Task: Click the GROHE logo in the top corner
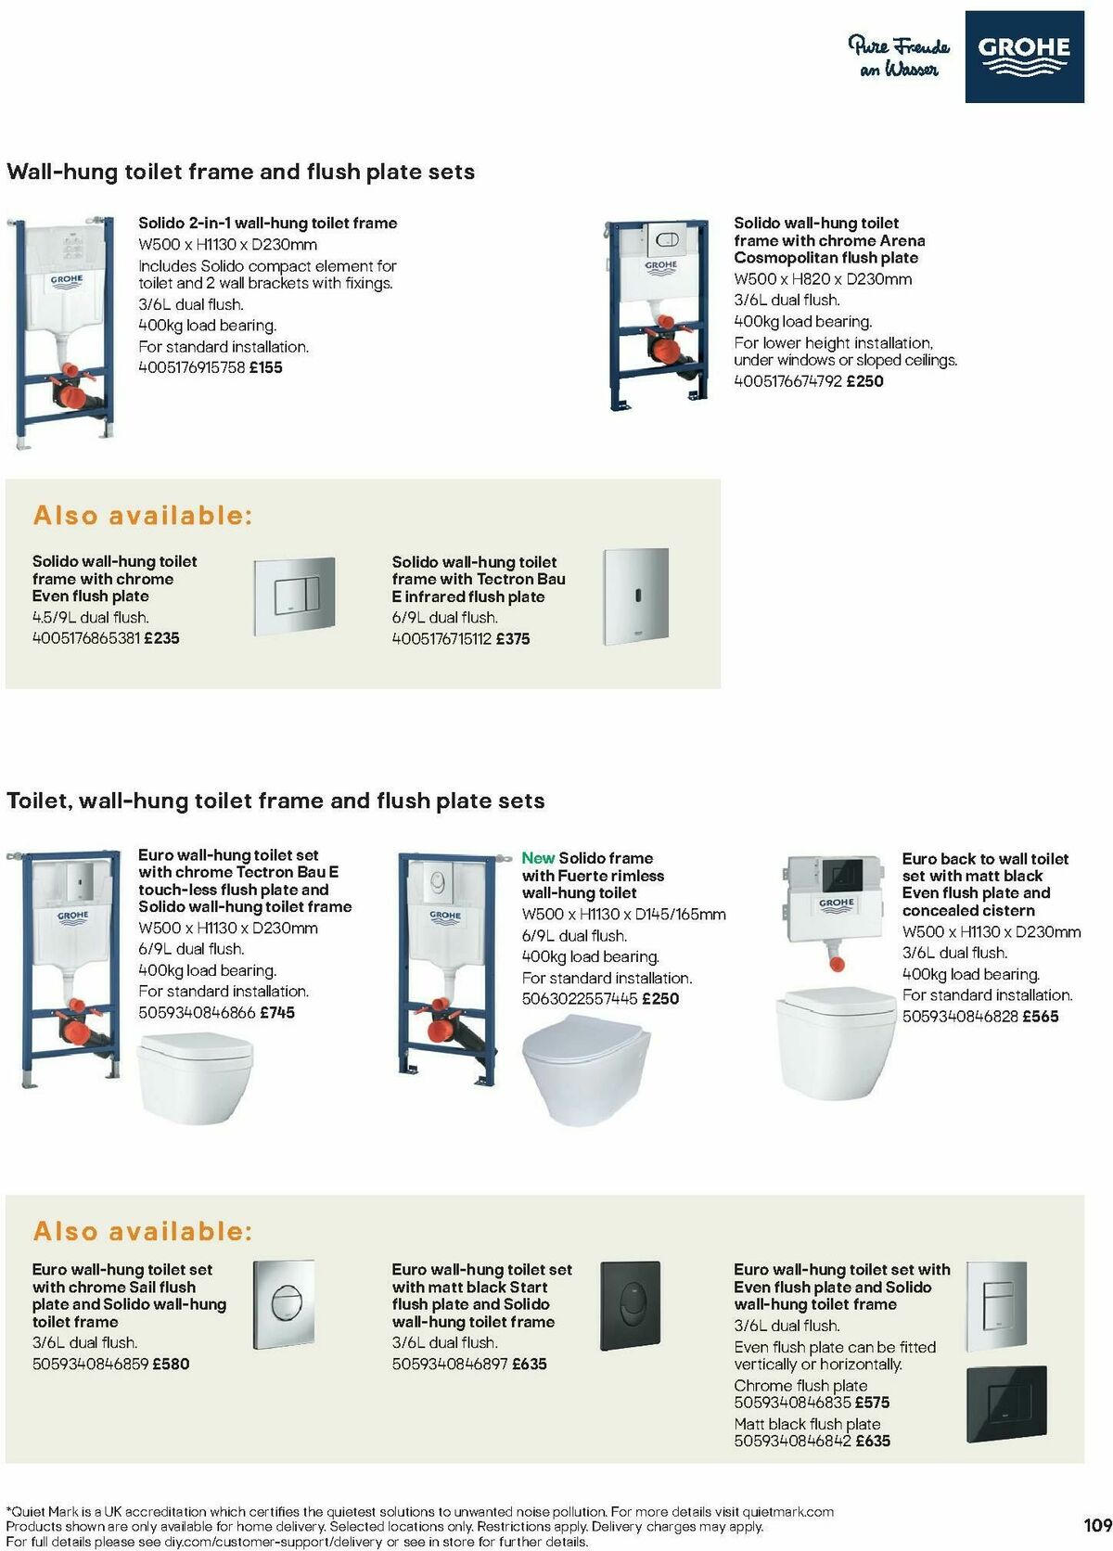1024,56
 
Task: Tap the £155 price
265,367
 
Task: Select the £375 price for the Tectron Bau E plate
513,638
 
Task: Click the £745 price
277,1012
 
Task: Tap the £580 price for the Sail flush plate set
171,1364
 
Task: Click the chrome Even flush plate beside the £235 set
294,587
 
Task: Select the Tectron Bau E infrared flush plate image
635,596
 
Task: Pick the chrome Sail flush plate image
284,1304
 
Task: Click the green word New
538,858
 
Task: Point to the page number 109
1096,1525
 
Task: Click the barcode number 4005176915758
191,367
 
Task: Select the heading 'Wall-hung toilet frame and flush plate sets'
240,172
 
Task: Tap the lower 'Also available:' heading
143,1231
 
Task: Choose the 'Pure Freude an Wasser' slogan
898,56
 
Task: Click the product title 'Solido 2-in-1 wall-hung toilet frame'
267,223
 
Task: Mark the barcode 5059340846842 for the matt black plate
792,1442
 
